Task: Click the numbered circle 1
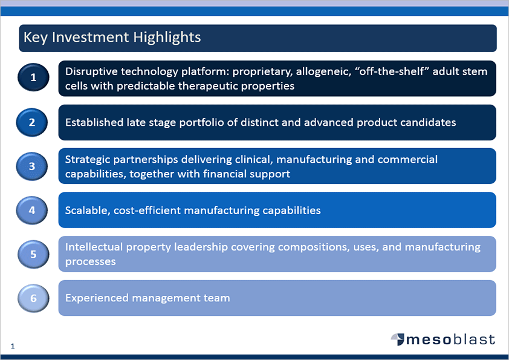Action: [33, 77]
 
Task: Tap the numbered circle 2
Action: [32, 122]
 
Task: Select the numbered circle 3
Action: [32, 166]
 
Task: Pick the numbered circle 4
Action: [32, 210]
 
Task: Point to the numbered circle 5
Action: [33, 254]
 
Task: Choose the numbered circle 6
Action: [33, 298]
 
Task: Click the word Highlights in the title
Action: [167, 38]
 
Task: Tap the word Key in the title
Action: [36, 38]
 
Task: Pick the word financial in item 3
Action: [224, 174]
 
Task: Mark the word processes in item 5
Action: [91, 262]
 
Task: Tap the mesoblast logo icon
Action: [398, 339]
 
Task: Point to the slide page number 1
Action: [13, 346]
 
